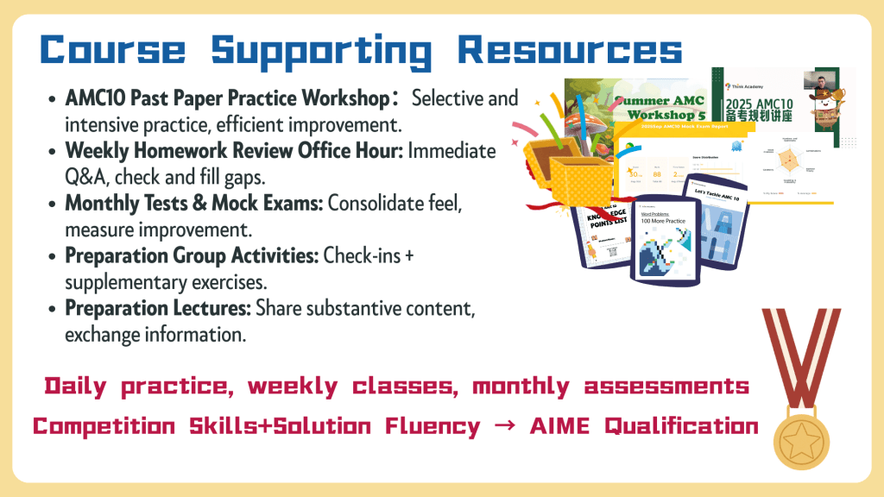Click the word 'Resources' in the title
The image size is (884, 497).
click(570, 49)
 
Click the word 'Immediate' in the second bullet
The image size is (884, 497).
click(452, 151)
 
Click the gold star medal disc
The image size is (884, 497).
click(802, 431)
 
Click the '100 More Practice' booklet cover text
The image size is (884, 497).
click(662, 222)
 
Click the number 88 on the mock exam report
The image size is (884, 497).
click(658, 172)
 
